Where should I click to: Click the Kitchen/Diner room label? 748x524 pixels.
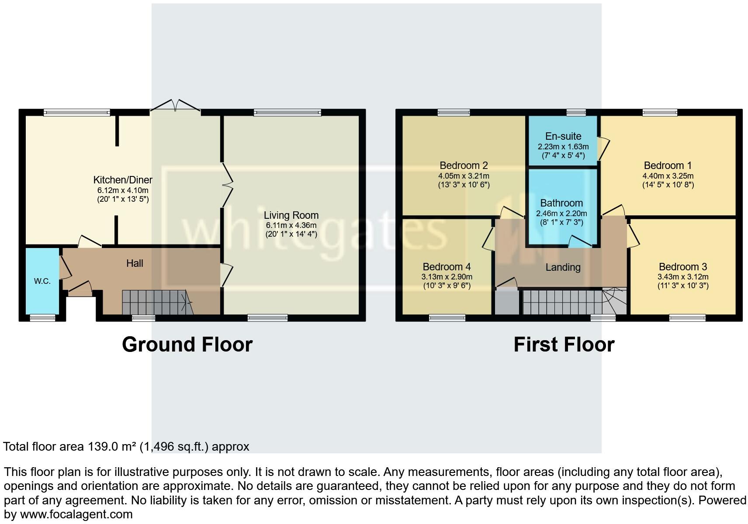pyautogui.click(x=123, y=180)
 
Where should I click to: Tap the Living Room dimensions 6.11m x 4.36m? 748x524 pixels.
pyautogui.click(x=291, y=225)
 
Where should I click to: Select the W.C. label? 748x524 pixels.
pyautogui.click(x=42, y=281)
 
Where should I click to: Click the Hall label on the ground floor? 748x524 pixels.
pyautogui.click(x=135, y=263)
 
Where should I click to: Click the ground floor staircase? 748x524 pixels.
pyautogui.click(x=155, y=302)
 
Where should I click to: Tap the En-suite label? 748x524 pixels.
pyautogui.click(x=563, y=136)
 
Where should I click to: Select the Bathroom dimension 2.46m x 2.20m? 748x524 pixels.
pyautogui.click(x=561, y=214)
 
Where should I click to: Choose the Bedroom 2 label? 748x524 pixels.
pyautogui.click(x=464, y=165)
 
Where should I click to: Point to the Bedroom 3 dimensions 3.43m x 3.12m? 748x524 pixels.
pyautogui.click(x=683, y=277)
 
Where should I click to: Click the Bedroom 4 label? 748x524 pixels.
pyautogui.click(x=447, y=267)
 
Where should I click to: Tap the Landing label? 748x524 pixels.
pyautogui.click(x=563, y=267)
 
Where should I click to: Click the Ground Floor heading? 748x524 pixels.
pyautogui.click(x=187, y=345)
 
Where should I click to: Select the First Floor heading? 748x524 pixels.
pyautogui.click(x=564, y=345)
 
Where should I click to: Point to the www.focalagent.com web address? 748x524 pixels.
pyautogui.click(x=76, y=514)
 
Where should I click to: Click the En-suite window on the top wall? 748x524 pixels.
pyautogui.click(x=575, y=113)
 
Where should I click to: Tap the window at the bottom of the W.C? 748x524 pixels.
pyautogui.click(x=42, y=318)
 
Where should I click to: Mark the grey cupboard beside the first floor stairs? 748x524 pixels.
pyautogui.click(x=507, y=302)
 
